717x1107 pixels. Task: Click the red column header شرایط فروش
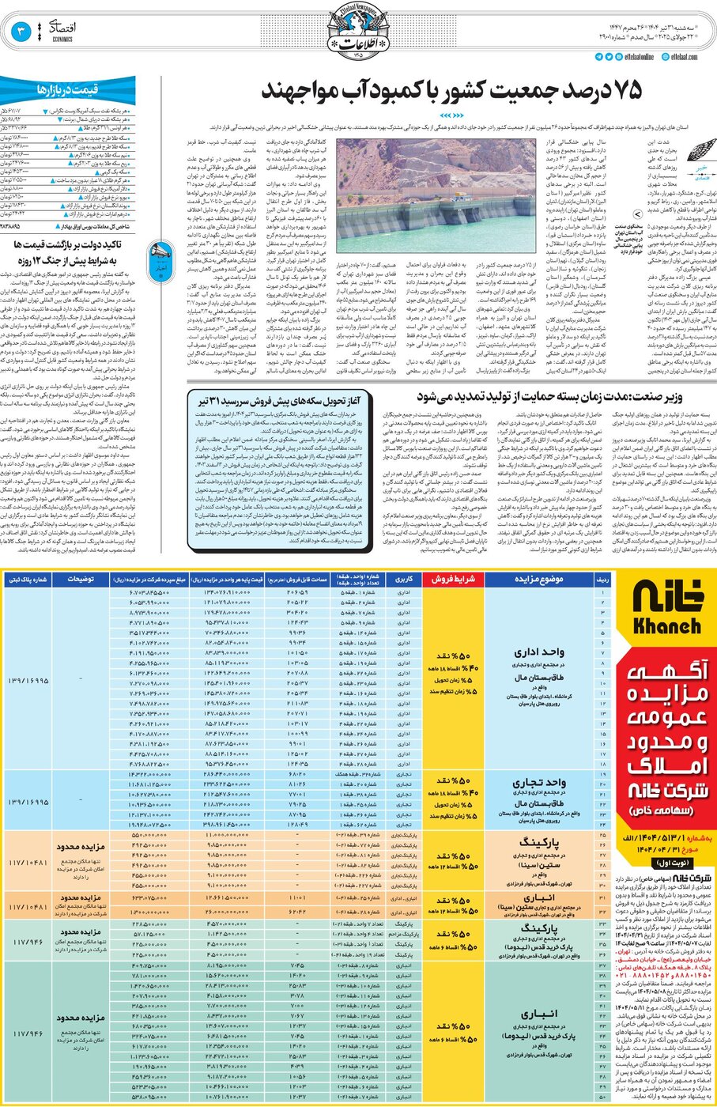tap(453, 579)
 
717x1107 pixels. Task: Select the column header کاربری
tap(404, 579)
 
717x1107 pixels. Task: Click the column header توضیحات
tap(81, 579)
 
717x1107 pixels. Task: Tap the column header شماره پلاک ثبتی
tap(28, 579)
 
